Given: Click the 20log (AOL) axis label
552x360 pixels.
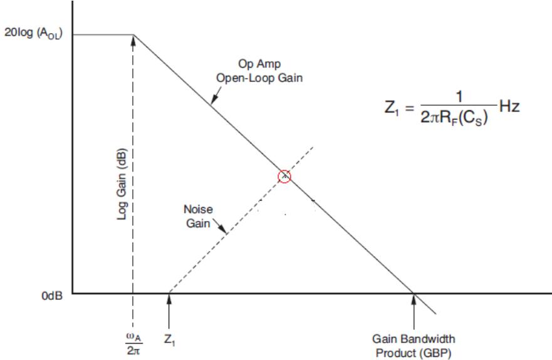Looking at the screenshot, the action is [33, 33].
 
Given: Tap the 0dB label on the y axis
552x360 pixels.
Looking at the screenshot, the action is [52, 296].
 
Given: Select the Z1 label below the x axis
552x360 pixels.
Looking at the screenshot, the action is [170, 339].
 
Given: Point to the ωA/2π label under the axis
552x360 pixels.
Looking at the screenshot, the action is [134, 344].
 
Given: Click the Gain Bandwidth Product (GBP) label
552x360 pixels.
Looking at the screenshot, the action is [414, 346].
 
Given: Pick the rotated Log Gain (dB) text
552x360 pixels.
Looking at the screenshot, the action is [122, 183].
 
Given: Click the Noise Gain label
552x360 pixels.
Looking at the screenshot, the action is [198, 216].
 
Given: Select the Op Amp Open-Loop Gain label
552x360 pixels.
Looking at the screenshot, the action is [259, 71].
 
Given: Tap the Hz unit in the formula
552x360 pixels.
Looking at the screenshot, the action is [509, 106].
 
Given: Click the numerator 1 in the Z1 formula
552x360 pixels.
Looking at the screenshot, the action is [459, 96].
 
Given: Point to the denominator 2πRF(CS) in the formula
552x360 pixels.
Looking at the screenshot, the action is [454, 118].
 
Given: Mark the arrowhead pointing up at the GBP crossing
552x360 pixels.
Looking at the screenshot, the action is [414, 299].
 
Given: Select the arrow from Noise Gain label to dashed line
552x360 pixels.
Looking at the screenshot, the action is [220, 226].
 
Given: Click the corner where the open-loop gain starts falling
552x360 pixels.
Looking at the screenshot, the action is [134, 35].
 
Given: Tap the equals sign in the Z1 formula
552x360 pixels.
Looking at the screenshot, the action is [409, 108].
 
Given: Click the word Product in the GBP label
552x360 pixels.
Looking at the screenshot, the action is [392, 353].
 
